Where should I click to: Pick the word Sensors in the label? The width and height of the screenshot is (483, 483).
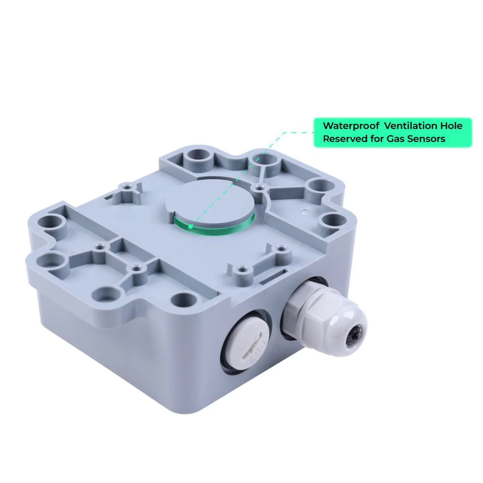coord(426,139)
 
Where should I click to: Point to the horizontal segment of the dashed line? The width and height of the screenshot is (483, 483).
coord(298,132)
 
